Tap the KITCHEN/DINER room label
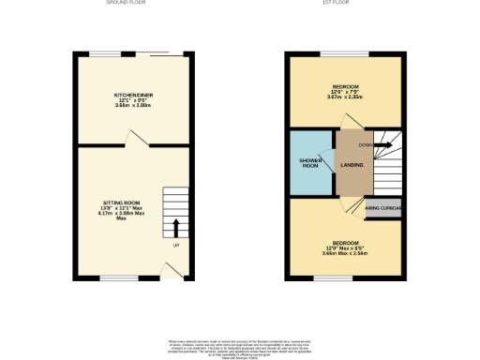(x=134, y=96)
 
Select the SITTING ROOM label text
(x=121, y=202)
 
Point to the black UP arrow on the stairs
(x=175, y=228)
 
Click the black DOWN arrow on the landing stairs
(x=384, y=144)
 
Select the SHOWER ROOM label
(x=310, y=163)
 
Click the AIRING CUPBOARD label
(x=383, y=208)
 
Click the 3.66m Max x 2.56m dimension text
(x=345, y=253)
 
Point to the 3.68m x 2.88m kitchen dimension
(x=134, y=106)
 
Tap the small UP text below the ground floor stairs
(x=175, y=246)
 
